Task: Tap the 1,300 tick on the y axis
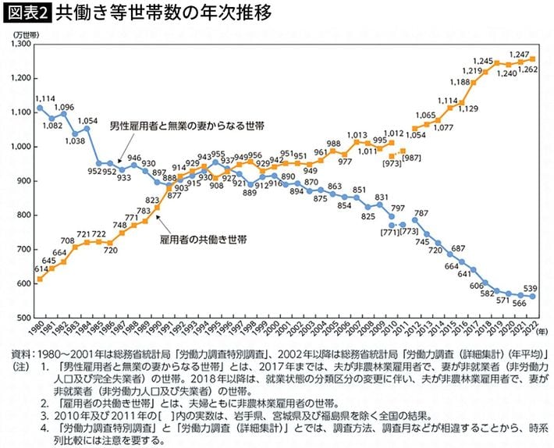pos(18,44)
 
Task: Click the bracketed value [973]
pos(392,165)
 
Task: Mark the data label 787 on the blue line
pos(421,213)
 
